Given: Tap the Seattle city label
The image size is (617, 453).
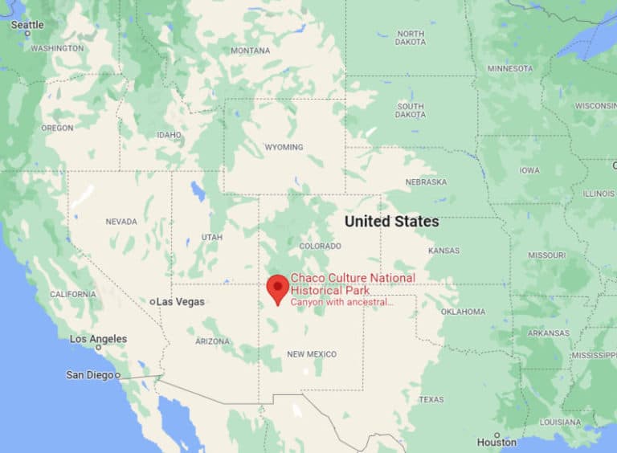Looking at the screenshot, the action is click(27, 25).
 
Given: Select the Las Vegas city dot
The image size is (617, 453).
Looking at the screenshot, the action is click(152, 302).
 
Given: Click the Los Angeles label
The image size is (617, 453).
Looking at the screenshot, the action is click(98, 339).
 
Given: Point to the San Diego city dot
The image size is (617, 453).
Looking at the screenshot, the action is click(117, 375).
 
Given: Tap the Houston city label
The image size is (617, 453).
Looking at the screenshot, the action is click(496, 442).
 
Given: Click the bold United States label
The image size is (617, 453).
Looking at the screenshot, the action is click(391, 221).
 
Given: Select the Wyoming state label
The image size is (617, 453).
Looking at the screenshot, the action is click(284, 147).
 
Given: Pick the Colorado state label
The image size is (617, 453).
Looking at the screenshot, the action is click(320, 246).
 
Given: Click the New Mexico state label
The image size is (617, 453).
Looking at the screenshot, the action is click(312, 354).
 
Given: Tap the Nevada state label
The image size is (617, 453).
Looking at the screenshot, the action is click(121, 221).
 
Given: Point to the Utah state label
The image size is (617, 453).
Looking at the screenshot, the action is click(211, 237).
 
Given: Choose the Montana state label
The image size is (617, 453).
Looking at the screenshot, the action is click(250, 51).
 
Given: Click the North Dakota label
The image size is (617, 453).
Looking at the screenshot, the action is click(410, 39).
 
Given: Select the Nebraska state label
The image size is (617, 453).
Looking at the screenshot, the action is click(426, 182).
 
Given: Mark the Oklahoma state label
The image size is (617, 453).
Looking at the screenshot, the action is click(463, 311).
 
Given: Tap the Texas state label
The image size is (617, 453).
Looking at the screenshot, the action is click(431, 399).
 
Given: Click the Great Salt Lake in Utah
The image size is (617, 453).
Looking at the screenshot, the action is click(197, 192).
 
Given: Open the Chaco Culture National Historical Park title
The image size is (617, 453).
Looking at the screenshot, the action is click(353, 283).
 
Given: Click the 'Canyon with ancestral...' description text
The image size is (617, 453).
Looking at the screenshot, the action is click(341, 302).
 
